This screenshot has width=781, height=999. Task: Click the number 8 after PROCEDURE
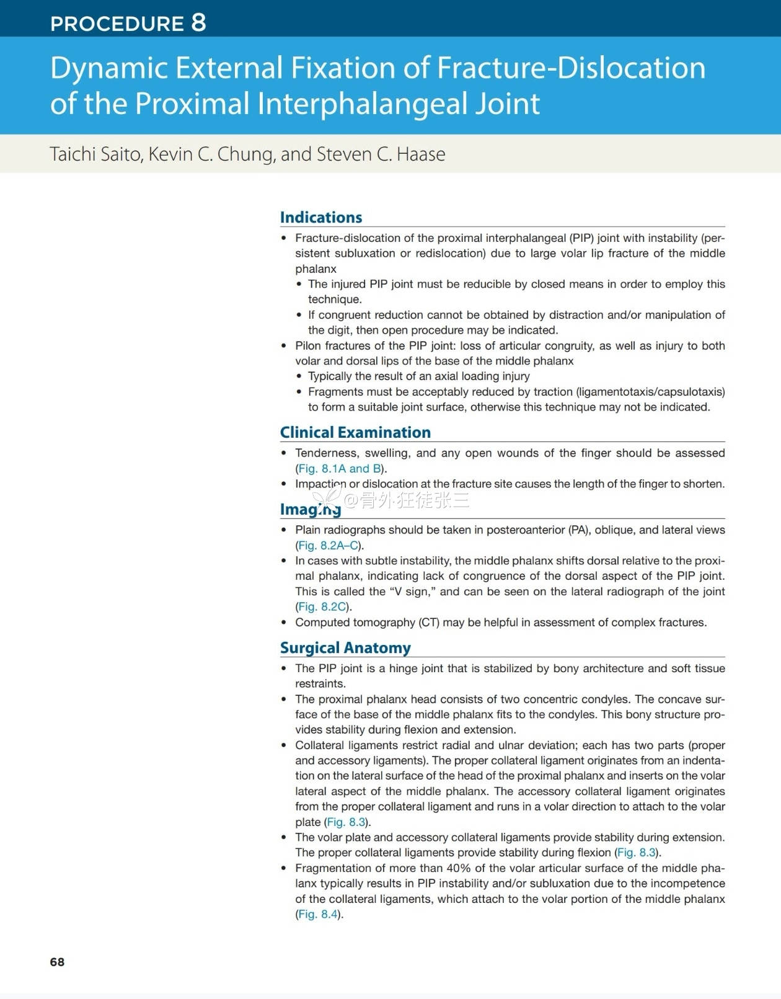(198, 22)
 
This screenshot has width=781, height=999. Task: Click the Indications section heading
(320, 217)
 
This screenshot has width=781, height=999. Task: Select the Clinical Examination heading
(355, 432)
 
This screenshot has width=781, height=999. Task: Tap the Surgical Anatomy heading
(345, 647)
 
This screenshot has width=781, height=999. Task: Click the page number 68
(57, 962)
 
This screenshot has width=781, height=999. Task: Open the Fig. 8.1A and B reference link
(340, 468)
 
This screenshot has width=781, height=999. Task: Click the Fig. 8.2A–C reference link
(329, 545)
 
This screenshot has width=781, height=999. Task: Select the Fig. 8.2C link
(322, 606)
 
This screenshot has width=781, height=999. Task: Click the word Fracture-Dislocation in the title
(571, 68)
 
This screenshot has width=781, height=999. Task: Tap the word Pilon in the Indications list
(309, 345)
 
